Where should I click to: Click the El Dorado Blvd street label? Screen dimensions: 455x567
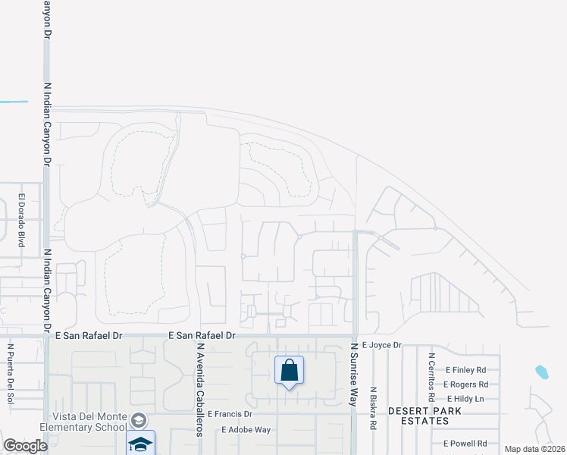pyautogui.click(x=22, y=220)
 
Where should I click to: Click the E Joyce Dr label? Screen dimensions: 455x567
pyautogui.click(x=381, y=345)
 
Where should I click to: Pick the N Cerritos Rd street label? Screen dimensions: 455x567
pyautogui.click(x=431, y=377)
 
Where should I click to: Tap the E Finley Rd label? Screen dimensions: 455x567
pyautogui.click(x=465, y=370)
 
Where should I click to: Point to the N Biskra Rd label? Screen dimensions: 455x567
pyautogui.click(x=373, y=409)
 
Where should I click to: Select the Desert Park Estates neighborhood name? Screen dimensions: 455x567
pyautogui.click(x=424, y=416)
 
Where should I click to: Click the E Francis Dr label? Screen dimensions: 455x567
pyautogui.click(x=230, y=414)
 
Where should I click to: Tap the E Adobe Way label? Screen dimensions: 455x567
pyautogui.click(x=246, y=429)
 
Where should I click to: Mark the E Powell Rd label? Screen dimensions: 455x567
pyautogui.click(x=465, y=444)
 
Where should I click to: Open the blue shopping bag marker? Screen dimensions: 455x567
pyautogui.click(x=289, y=371)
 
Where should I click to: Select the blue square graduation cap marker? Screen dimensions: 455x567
pyautogui.click(x=140, y=444)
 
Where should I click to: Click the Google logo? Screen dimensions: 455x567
pyautogui.click(x=25, y=446)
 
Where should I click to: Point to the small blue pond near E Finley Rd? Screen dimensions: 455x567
pyautogui.click(x=541, y=372)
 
